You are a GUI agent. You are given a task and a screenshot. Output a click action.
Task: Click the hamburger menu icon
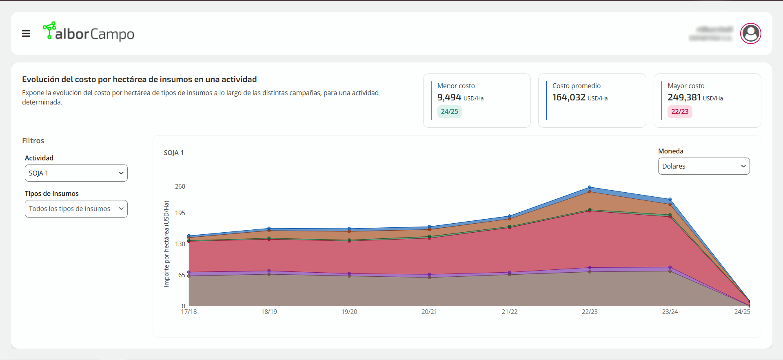[26, 33]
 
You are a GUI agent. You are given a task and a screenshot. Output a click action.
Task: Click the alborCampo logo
[89, 32]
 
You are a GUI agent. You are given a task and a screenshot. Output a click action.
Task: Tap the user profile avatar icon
[750, 33]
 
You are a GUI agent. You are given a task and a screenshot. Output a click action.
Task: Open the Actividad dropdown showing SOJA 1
[76, 173]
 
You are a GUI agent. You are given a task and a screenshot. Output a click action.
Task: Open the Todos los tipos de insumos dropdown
[76, 209]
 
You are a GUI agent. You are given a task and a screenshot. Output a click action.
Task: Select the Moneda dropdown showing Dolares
[703, 166]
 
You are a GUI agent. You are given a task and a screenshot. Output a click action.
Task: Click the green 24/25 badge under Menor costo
[449, 111]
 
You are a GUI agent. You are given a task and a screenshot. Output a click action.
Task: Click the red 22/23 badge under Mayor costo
[679, 111]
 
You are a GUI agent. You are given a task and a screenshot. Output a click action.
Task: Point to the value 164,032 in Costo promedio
[568, 98]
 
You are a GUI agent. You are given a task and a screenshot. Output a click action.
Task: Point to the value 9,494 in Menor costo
[449, 98]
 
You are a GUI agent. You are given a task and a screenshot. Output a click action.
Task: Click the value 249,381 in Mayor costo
[684, 98]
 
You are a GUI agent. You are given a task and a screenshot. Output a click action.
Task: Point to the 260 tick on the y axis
[180, 187]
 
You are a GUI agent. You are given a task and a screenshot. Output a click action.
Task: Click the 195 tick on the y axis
[180, 213]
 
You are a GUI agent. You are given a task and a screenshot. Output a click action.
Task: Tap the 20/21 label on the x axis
[429, 312]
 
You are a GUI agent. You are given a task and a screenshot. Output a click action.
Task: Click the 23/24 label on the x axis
[670, 312]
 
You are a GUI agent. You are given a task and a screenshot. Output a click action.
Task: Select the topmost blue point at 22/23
[590, 187]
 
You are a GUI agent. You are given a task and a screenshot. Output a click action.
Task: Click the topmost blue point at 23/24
[670, 200]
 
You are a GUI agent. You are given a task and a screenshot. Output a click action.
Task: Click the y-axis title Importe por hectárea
[166, 244]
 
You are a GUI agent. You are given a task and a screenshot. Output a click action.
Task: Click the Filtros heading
[33, 141]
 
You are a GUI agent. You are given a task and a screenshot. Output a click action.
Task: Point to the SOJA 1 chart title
[173, 153]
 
